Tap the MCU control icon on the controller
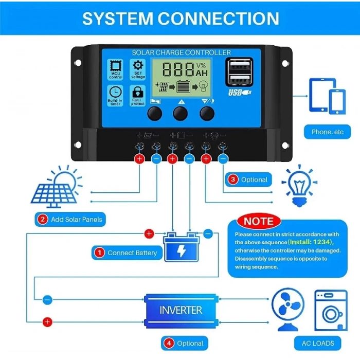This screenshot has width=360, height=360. (x=115, y=69)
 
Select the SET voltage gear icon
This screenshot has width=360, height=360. (x=138, y=69)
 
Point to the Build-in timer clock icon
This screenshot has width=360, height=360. (x=115, y=94)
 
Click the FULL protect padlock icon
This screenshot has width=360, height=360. (x=138, y=94)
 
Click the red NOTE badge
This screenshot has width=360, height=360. (x=258, y=222)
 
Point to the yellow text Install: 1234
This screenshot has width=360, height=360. (x=311, y=242)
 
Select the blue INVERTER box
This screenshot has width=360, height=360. (x=181, y=310)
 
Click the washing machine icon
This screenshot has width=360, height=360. (x=331, y=309)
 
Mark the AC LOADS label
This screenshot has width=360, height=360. (x=318, y=343)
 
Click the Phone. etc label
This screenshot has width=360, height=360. (x=327, y=132)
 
